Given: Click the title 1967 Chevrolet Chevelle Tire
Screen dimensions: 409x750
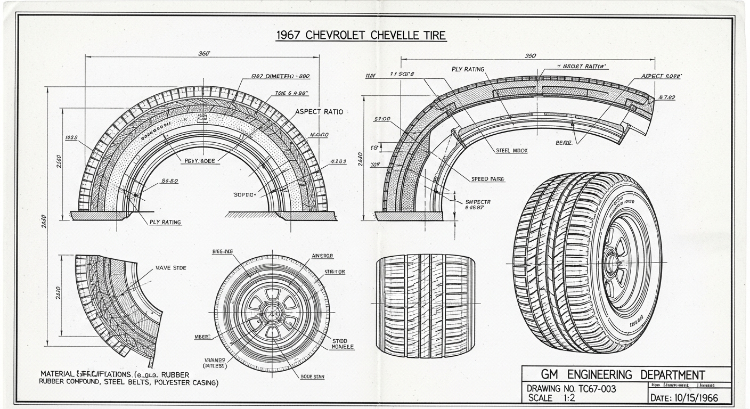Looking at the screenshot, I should (361, 36).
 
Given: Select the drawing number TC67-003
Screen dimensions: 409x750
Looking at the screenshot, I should (571, 389).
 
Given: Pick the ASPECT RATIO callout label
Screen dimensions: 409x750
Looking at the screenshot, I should (319, 112).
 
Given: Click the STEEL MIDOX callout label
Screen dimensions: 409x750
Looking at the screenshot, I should (511, 151).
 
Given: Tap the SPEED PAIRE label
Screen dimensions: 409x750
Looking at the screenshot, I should (488, 179).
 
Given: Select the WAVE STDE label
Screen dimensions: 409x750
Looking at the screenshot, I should (171, 268).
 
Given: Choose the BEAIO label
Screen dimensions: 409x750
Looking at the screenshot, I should (564, 143).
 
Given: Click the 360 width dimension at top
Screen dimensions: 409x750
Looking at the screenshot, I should (204, 53).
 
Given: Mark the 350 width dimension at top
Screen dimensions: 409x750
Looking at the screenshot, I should (530, 56).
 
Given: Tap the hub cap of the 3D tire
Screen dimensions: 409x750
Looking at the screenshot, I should (612, 262).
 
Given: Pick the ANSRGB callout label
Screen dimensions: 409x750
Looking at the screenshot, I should (322, 256).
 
